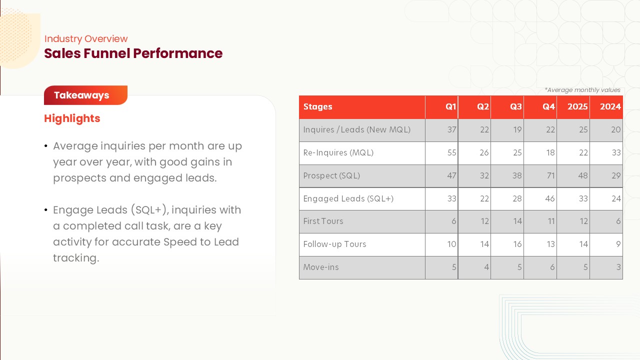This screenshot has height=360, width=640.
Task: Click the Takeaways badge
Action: point(85,95)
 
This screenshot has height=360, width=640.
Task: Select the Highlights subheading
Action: point(72,118)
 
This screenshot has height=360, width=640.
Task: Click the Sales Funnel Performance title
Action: point(133,53)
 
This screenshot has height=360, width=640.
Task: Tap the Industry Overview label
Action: point(86,38)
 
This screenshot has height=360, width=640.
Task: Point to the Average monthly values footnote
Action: point(582,90)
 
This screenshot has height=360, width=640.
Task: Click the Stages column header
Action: point(317,106)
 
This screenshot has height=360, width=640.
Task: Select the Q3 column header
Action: point(516,106)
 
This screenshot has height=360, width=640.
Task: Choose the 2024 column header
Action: point(610,106)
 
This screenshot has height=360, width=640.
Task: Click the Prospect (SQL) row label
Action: point(331,175)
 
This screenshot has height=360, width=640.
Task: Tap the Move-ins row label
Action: point(321,267)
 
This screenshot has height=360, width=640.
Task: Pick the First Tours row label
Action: point(323,221)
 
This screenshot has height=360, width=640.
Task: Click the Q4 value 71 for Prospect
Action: point(550,175)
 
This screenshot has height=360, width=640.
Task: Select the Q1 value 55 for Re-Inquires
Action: point(451,152)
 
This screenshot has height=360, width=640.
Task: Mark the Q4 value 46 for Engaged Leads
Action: point(550,198)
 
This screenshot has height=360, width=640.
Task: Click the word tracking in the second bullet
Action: point(76,258)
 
